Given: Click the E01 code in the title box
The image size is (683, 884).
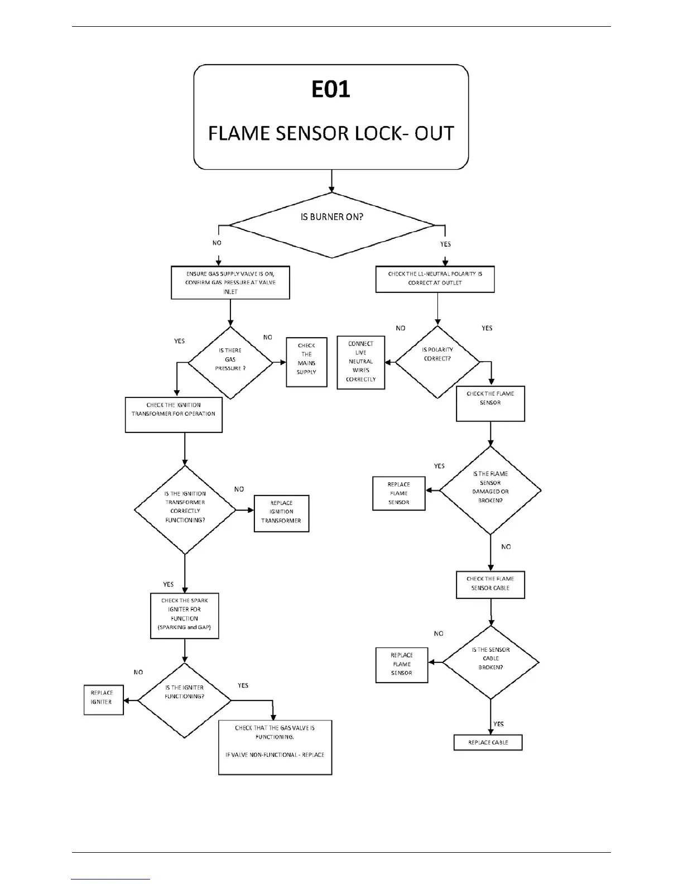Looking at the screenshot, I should click(331, 90).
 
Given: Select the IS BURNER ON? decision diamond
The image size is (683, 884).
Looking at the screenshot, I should click(332, 225).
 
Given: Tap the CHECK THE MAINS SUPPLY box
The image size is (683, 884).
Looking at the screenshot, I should click(306, 362).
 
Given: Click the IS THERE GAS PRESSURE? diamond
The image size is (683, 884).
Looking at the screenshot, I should click(230, 362).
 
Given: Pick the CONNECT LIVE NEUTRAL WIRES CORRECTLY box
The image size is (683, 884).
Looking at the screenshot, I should click(361, 362).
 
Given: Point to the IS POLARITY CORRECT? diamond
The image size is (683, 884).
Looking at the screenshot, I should click(437, 362).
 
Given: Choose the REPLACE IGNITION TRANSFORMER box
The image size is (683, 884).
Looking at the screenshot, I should click(281, 513).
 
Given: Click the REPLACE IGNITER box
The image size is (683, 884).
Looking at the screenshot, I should click(103, 699).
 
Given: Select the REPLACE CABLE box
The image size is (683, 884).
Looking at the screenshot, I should click(488, 743).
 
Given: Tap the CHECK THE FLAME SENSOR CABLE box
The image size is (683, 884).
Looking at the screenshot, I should click(490, 584).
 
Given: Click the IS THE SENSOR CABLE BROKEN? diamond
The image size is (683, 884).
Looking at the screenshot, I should click(490, 662).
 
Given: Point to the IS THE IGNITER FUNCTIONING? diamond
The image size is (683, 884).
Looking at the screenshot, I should click(184, 700).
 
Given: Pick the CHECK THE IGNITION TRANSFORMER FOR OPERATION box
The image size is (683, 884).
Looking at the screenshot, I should click(174, 414).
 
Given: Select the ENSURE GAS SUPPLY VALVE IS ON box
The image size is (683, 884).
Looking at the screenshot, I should click(230, 282).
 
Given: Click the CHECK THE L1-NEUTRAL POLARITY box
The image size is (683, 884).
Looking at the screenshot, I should click(435, 279).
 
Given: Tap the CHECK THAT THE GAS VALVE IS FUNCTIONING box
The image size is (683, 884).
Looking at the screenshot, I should click(275, 747).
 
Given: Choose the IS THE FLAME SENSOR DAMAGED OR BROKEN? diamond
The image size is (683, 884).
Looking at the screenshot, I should click(490, 490).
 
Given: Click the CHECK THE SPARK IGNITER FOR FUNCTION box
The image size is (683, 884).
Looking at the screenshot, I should click(184, 615).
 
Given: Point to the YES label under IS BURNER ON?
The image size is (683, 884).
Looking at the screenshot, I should click(445, 244).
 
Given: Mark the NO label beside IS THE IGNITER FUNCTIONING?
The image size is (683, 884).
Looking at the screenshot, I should click(138, 672).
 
